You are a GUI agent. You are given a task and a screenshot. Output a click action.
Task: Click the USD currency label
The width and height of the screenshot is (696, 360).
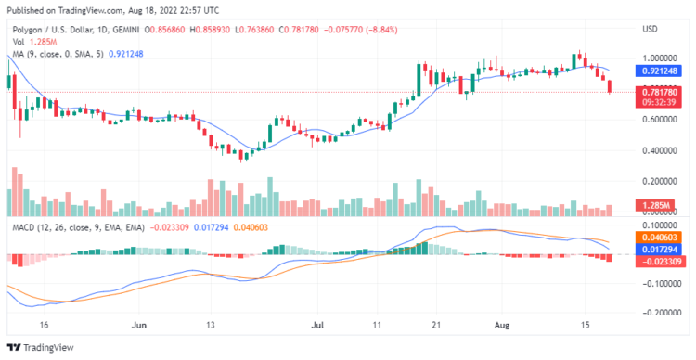(x=650, y=29)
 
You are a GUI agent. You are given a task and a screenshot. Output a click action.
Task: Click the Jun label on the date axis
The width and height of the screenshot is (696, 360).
(x=140, y=327)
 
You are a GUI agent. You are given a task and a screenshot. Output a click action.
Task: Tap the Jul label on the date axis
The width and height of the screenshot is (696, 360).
(x=318, y=327)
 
